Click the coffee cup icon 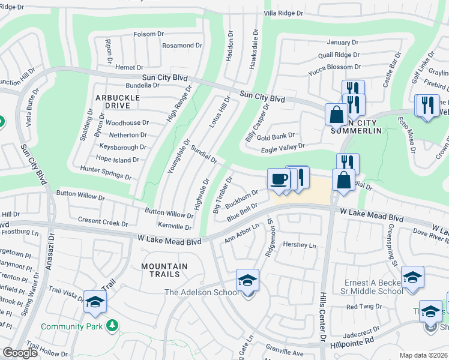pos(278,179)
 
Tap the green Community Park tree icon pos(111,326)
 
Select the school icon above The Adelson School pos(247,280)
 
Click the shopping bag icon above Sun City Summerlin pos(337,114)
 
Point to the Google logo pos(20,353)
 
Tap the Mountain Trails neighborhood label pos(164,270)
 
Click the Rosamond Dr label pos(169,46)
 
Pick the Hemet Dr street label pos(129,68)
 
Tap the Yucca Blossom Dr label pos(334,67)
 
